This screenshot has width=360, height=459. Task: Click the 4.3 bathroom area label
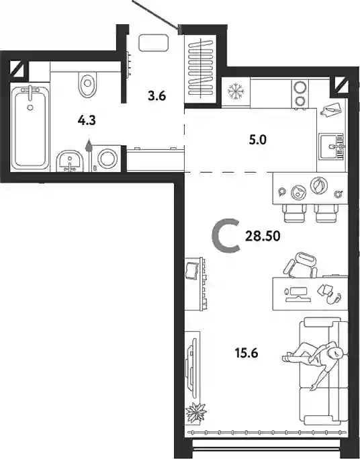click(x=87, y=120)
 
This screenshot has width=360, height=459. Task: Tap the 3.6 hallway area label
click(x=157, y=95)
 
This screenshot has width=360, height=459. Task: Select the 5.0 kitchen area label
click(x=258, y=140)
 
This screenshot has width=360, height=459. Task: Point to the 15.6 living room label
click(x=246, y=353)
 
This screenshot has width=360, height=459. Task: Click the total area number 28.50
click(x=263, y=236)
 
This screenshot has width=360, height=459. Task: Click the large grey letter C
click(x=226, y=237)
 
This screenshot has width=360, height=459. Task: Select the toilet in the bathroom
click(x=87, y=84)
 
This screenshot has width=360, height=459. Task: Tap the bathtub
click(x=30, y=127)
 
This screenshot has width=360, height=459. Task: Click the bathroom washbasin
click(x=70, y=161)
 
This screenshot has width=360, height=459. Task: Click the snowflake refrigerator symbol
click(x=236, y=91)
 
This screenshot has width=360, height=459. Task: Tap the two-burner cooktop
click(x=300, y=94)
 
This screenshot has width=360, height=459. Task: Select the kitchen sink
click(x=331, y=146)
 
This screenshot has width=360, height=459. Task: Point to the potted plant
click(x=196, y=412)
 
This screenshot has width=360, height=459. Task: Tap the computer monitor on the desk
click(x=298, y=294)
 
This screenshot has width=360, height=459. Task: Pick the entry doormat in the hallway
click(x=154, y=43)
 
